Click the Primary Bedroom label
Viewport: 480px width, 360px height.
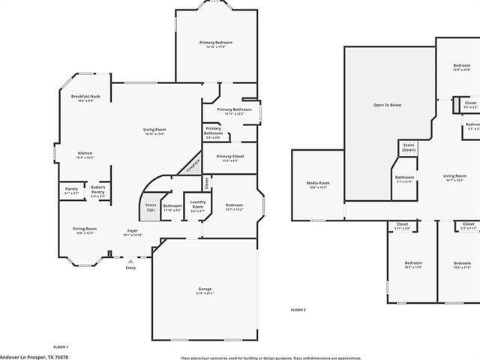216,43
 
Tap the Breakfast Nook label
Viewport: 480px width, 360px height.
86,97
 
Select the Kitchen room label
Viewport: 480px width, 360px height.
85,154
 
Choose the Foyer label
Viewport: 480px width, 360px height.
132,231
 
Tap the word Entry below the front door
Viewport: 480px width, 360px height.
131,268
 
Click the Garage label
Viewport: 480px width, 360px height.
205,289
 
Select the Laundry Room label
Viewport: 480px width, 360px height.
198,202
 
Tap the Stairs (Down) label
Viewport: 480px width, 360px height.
409,147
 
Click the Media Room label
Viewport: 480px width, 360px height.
318,183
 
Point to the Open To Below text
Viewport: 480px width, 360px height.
388,105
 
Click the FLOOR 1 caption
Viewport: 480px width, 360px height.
61,346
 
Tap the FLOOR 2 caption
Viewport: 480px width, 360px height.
298,310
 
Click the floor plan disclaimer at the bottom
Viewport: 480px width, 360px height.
271,358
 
